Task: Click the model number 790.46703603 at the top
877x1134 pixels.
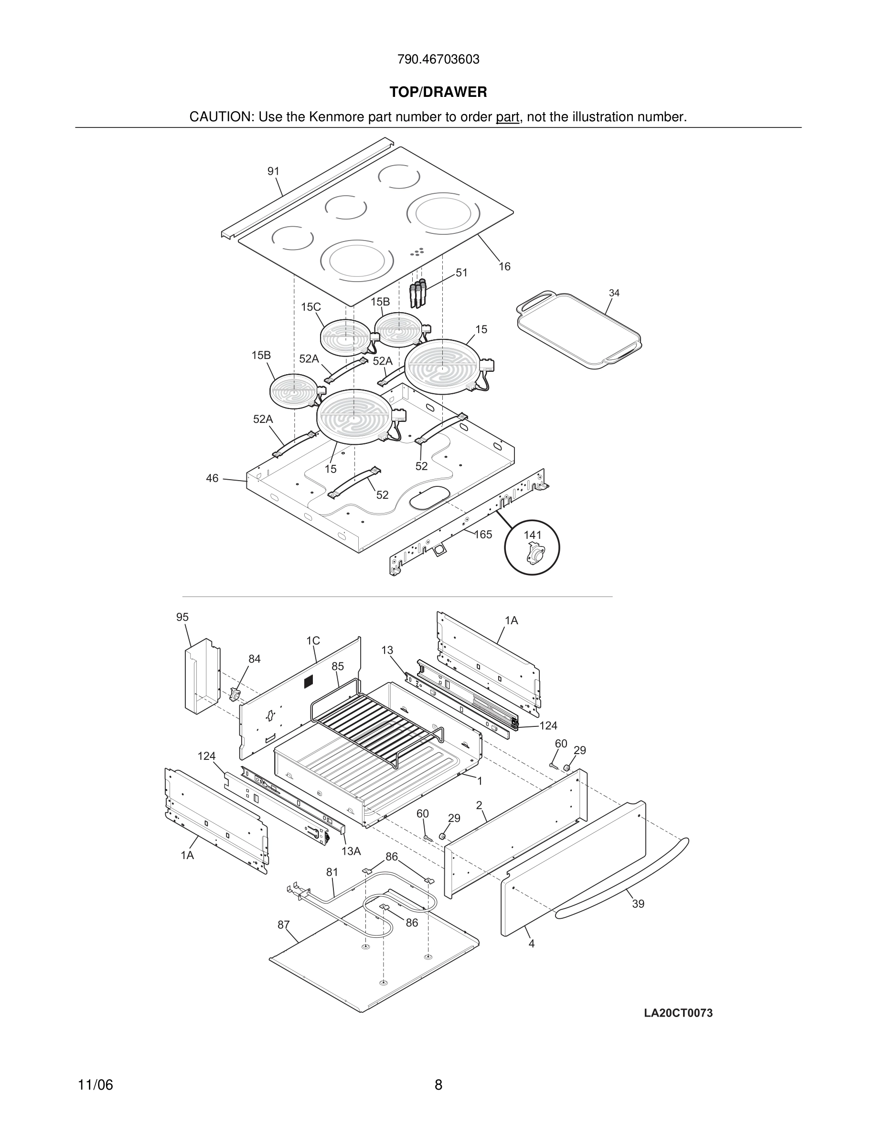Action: (438, 60)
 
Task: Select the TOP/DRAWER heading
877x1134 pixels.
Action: (438, 93)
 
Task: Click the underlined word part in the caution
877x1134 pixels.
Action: (507, 117)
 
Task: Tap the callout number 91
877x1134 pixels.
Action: (273, 171)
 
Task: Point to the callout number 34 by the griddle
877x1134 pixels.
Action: (614, 294)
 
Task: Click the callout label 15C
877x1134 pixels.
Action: (310, 307)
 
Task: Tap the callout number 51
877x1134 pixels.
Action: (461, 273)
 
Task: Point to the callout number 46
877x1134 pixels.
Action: (212, 478)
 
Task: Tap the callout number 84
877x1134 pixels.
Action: (254, 659)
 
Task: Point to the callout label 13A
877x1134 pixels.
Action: (351, 851)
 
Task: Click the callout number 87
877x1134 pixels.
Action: (283, 925)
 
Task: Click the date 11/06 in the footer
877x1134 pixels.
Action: (95, 1085)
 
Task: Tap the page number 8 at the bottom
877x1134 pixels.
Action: (438, 1085)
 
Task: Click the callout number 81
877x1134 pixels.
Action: (332, 872)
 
